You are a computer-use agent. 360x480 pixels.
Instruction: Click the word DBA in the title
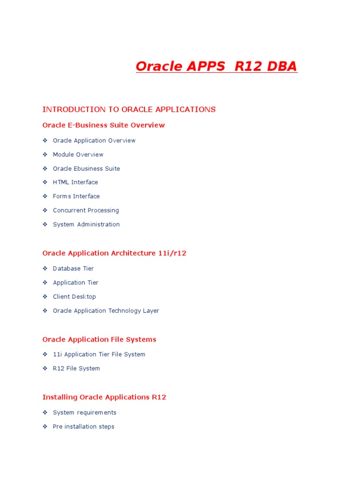(282, 67)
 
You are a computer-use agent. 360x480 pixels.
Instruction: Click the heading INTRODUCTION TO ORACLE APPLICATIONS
(129, 110)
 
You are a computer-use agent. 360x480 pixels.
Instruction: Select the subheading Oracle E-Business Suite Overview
(104, 125)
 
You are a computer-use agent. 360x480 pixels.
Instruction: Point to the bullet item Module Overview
(78, 155)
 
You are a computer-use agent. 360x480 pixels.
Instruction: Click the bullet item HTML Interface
(75, 182)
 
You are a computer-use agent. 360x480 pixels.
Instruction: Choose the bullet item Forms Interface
(76, 196)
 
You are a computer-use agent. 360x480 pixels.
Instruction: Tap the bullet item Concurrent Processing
(86, 210)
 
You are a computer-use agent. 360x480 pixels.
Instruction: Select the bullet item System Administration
(86, 225)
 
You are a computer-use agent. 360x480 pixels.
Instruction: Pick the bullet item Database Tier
(73, 269)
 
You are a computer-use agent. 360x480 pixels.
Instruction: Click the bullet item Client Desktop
(74, 297)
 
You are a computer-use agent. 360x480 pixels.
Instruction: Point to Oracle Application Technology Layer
(106, 311)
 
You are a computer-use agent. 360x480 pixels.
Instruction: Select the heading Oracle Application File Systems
(99, 339)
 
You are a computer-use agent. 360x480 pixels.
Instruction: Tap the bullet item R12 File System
(76, 368)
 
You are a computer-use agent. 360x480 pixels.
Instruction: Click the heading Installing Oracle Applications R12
(104, 397)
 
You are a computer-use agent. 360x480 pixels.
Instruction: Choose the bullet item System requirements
(84, 412)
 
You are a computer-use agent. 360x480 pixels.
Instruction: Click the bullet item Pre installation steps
(83, 427)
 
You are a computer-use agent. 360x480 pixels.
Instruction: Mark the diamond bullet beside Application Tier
(45, 283)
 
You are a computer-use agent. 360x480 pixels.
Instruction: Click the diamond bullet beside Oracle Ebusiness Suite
(45, 168)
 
